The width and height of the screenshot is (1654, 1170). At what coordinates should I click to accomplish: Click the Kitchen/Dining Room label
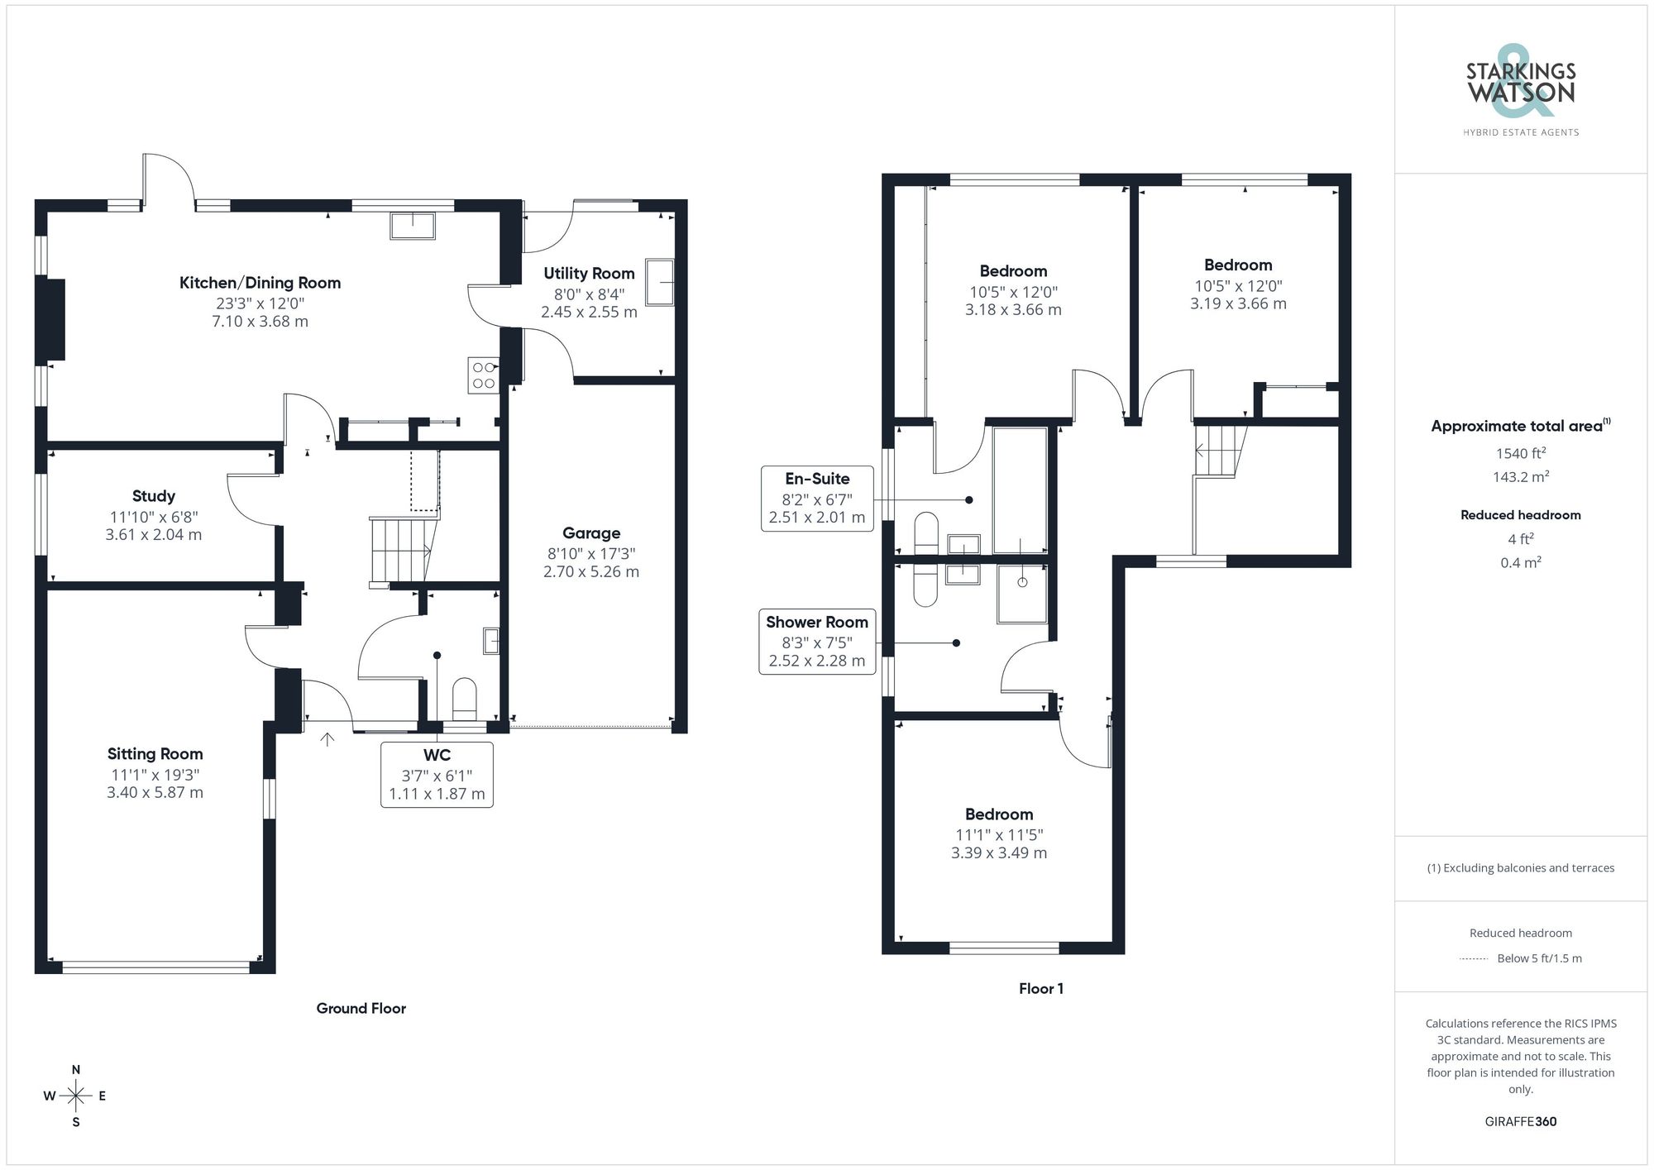260,283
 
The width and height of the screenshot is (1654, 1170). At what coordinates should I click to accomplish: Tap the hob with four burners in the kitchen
483,374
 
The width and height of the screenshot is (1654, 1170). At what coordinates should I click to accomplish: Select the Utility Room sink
660,282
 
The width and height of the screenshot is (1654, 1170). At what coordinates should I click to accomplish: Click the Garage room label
591,533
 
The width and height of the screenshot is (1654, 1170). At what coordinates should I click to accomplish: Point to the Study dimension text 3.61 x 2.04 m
154,535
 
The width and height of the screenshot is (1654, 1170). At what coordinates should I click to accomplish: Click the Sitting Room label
155,754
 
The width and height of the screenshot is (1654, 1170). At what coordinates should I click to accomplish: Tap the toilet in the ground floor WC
465,699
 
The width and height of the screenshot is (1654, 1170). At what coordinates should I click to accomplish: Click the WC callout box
437,775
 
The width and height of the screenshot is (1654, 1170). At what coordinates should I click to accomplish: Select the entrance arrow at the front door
327,738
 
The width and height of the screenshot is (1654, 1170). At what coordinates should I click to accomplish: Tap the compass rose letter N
76,1069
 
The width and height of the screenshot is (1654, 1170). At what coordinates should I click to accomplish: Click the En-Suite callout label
817,479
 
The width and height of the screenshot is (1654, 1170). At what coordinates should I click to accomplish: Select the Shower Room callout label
817,623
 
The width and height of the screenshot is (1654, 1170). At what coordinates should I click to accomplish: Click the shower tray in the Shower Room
1022,593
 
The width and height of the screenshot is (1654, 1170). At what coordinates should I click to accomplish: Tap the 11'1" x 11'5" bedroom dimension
999,835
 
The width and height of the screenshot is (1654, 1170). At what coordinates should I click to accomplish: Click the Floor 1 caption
1041,989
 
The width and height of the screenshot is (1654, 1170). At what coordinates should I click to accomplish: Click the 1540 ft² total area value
1521,453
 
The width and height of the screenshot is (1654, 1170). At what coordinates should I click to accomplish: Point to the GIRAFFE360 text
1521,1122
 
